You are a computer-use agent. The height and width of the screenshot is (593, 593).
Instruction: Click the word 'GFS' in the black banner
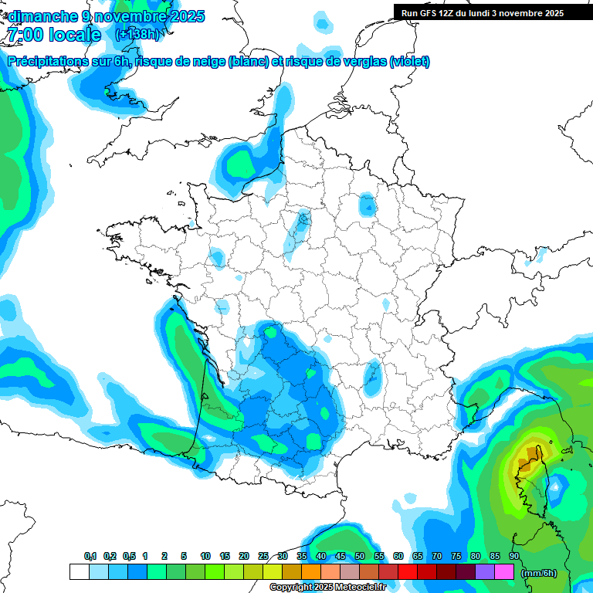tap(433, 13)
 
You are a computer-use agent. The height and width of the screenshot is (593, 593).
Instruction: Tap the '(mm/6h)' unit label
tap(537, 573)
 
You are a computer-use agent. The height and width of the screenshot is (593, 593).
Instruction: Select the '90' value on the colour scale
tap(513, 556)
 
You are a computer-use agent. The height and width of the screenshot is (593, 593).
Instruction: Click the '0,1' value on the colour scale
tap(90, 556)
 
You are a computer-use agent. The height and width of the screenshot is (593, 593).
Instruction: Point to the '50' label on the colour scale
tap(360, 556)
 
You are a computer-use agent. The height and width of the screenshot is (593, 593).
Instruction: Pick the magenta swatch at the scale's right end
tap(504, 572)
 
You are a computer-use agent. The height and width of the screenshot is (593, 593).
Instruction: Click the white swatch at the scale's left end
tap(79, 572)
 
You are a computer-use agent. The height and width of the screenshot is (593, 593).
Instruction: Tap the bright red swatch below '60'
tap(408, 572)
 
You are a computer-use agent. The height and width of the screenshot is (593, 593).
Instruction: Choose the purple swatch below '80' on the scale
tap(485, 572)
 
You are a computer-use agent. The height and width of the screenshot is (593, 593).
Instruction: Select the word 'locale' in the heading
tap(74, 35)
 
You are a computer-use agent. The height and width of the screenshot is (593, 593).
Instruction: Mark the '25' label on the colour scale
tap(263, 556)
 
